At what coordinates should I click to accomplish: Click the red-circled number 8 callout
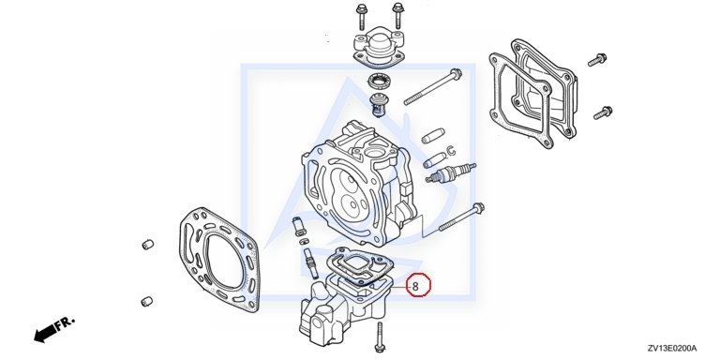[x=418, y=285]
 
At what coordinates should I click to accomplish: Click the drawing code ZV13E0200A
[x=672, y=348]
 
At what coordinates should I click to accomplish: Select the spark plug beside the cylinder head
[x=450, y=172]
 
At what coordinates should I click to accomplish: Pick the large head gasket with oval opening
[x=219, y=260]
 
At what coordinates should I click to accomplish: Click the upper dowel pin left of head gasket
[x=147, y=245]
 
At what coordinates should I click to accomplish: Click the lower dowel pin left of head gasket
[x=146, y=301]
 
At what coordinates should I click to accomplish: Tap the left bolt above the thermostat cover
[x=361, y=16]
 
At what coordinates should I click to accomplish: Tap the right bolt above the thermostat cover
[x=397, y=15]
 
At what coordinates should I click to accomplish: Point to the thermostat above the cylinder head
[x=380, y=106]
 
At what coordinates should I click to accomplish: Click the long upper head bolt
[x=432, y=86]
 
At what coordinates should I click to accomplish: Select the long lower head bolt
[x=461, y=217]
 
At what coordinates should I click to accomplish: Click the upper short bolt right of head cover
[x=597, y=60]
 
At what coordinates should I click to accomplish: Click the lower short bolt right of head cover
[x=603, y=112]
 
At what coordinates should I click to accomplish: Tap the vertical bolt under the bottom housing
[x=380, y=337]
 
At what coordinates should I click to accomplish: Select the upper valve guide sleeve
[x=433, y=135]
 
